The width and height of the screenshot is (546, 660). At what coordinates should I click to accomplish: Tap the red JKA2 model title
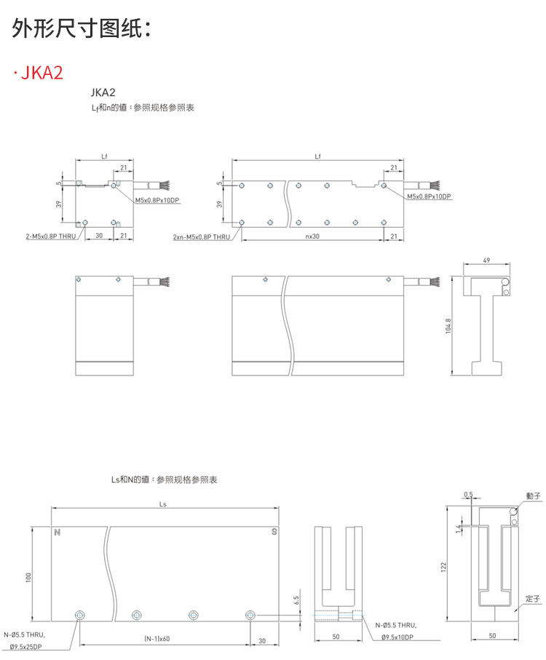click(42, 73)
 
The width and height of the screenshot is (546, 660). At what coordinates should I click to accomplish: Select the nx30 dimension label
click(312, 236)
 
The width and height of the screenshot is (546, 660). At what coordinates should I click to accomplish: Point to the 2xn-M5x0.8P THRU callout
click(202, 236)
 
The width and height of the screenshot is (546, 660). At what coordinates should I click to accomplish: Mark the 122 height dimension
click(443, 567)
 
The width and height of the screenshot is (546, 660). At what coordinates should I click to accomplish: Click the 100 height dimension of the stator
click(29, 576)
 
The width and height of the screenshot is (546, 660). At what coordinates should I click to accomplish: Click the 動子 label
click(533, 496)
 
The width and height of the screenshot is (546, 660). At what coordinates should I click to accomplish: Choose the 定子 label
click(533, 600)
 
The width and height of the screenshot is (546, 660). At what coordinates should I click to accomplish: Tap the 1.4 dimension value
click(458, 527)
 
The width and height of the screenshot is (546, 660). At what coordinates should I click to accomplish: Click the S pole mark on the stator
click(273, 532)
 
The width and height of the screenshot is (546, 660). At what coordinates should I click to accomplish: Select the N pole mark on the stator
click(57, 532)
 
